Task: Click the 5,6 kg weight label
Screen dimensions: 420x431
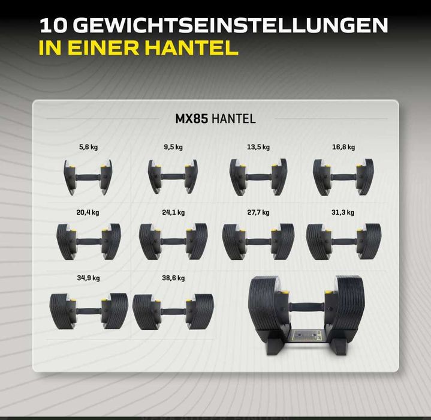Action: [x=88, y=147]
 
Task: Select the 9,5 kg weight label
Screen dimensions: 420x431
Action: [x=174, y=147]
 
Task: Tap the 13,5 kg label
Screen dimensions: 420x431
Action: [x=259, y=147]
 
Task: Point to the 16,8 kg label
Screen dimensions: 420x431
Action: [x=343, y=147]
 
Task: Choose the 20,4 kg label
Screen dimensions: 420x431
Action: [x=88, y=212]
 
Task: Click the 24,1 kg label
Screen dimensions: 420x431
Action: [x=174, y=212]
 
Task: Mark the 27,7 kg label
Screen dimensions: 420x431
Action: [x=258, y=212]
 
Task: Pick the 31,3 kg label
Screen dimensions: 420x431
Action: [x=343, y=212]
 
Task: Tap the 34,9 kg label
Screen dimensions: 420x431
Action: [x=88, y=278]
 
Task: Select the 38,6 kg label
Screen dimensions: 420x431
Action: [x=173, y=278]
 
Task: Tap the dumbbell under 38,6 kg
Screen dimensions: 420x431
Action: [x=173, y=311]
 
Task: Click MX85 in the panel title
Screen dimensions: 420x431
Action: [x=191, y=119]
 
